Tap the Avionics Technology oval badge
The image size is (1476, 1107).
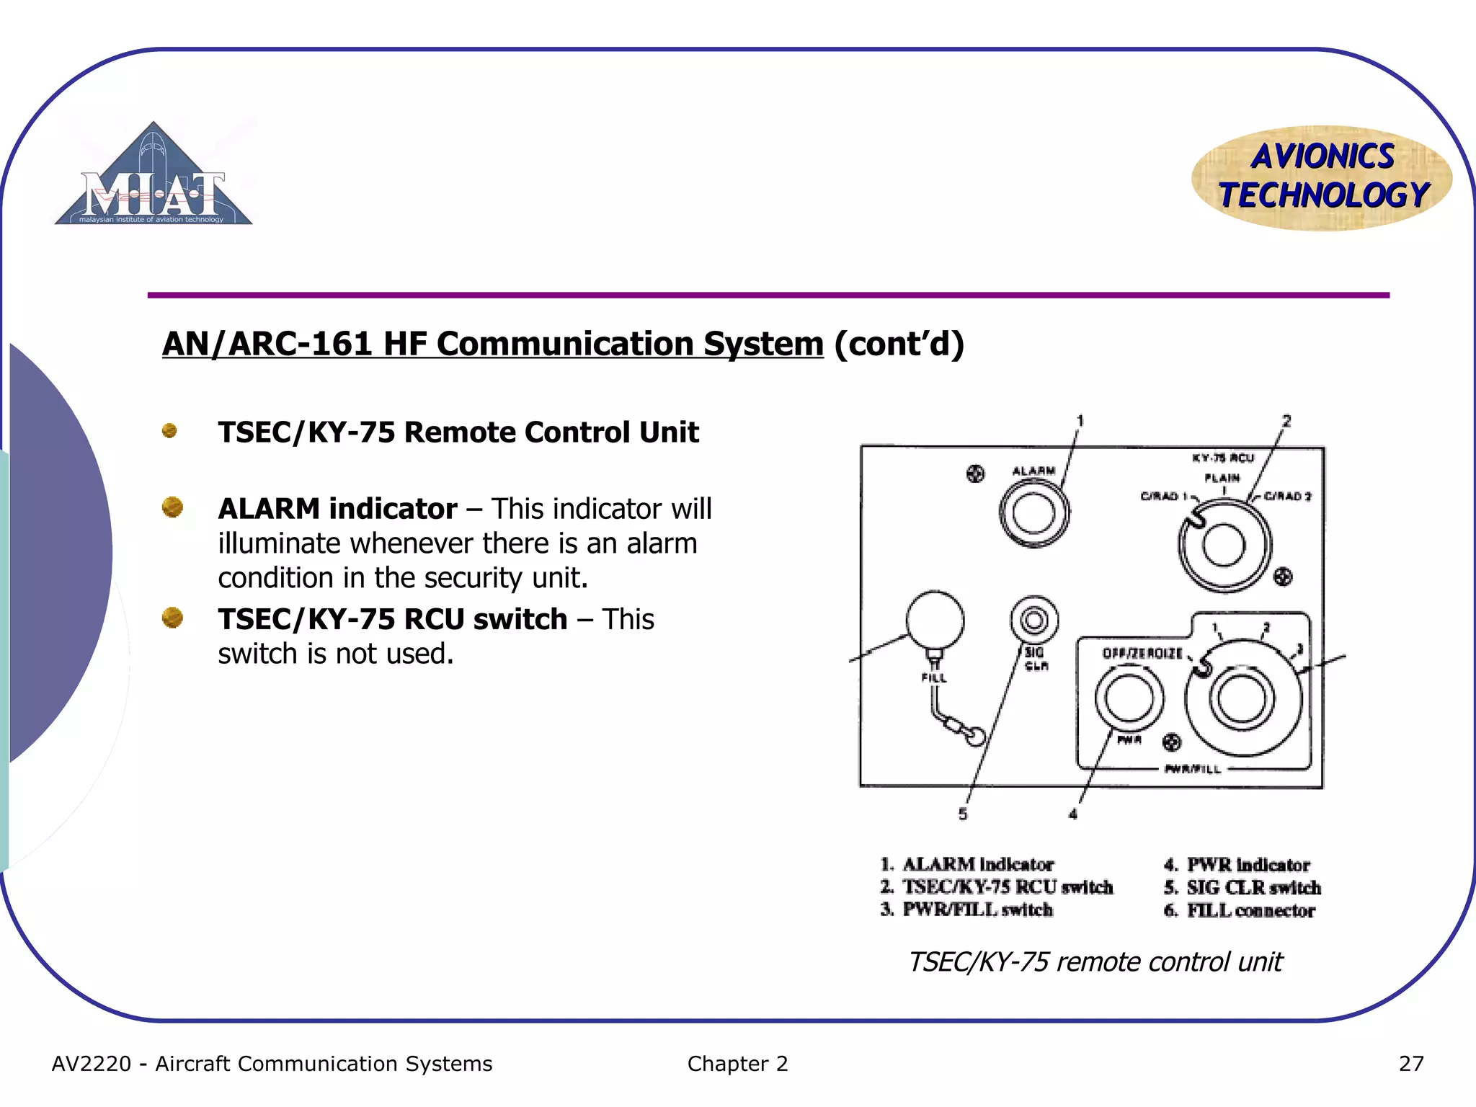(1322, 177)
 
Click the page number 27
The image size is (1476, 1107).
(1410, 1064)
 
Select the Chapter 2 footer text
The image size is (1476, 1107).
(737, 1064)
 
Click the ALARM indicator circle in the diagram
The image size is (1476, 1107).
(1033, 513)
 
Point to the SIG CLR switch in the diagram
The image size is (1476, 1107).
(1034, 620)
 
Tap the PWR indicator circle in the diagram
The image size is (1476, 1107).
(1129, 698)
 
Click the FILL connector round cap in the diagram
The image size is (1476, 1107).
(935, 620)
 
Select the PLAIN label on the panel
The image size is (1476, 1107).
(1222, 478)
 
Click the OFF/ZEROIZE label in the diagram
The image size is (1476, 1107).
(1142, 653)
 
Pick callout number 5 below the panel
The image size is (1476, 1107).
(963, 814)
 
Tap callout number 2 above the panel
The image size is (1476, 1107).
(1286, 421)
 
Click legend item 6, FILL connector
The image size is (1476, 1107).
(1240, 911)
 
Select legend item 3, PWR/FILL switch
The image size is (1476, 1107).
(967, 910)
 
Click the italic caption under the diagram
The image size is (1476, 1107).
(1094, 962)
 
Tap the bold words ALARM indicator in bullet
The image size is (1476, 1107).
(337, 509)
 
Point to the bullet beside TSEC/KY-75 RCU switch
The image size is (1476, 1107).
(172, 618)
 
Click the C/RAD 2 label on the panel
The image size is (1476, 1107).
(1287, 496)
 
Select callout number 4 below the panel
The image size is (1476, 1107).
(1072, 814)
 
